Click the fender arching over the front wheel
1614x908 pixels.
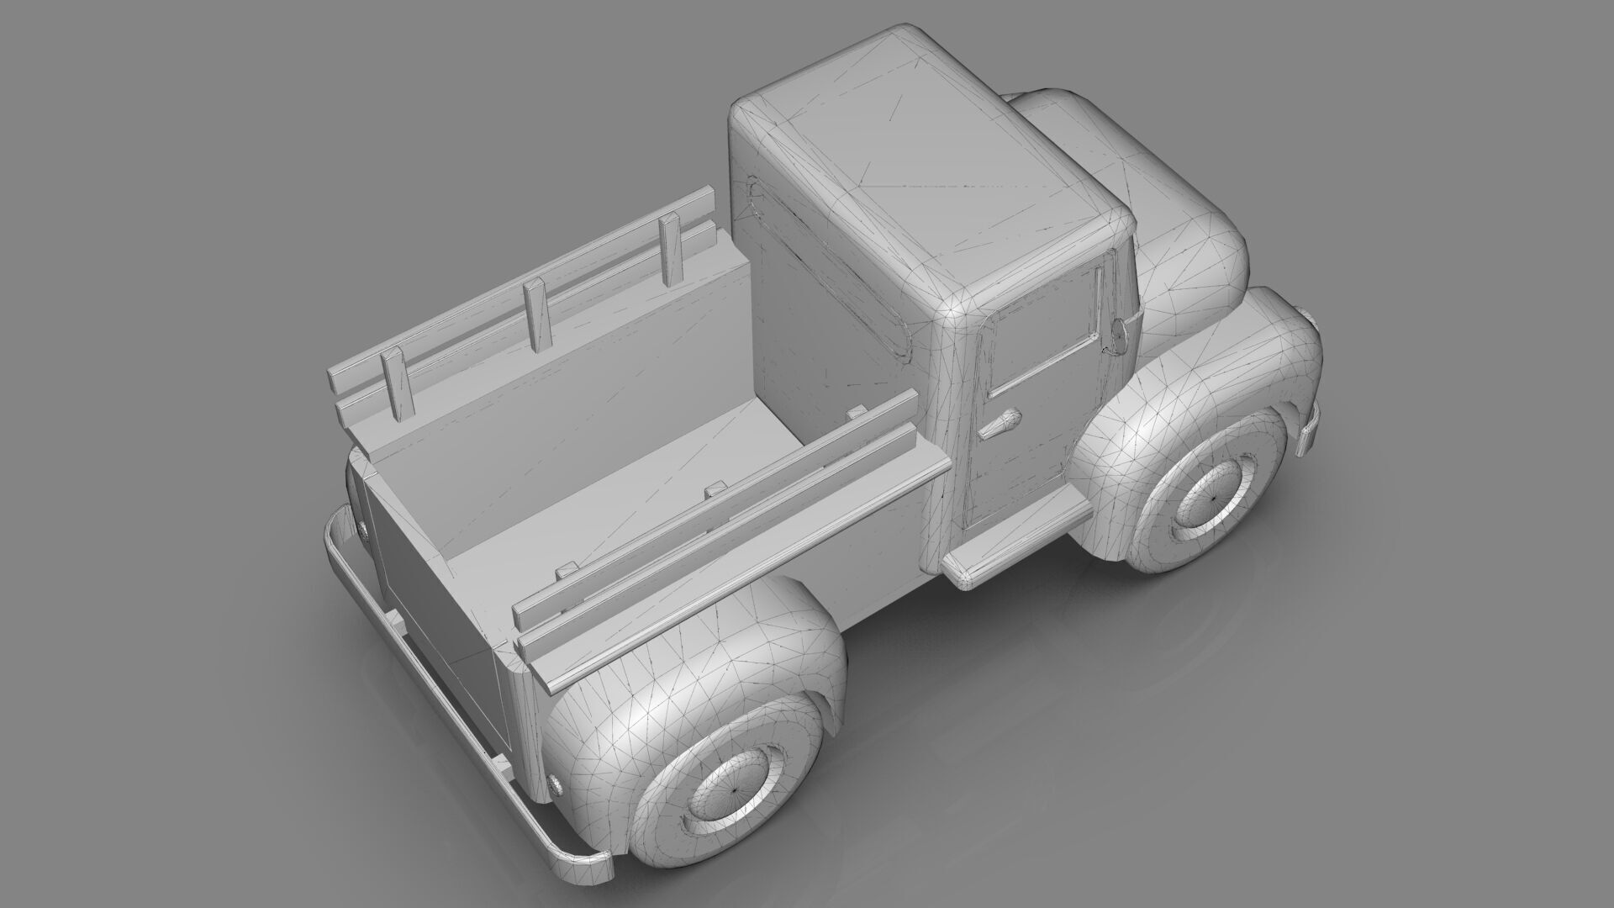pyautogui.click(x=1210, y=370)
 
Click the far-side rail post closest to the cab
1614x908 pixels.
pyautogui.click(x=670, y=251)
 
